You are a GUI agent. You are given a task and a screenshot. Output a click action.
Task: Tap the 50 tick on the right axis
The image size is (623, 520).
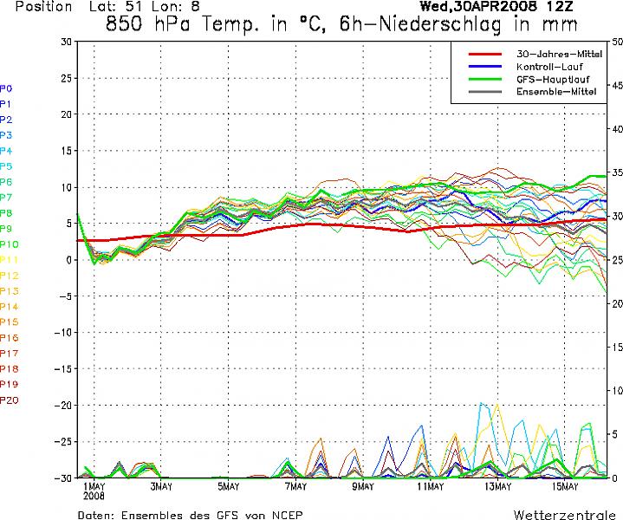(x=615, y=42)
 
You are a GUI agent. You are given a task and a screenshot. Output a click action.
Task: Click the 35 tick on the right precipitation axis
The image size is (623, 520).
(x=615, y=172)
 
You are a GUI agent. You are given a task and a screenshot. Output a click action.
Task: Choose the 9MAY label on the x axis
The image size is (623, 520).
(x=362, y=487)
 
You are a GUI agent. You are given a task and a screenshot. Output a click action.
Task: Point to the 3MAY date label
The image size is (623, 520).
(x=160, y=487)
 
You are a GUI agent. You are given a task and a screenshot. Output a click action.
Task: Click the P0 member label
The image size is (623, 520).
(x=6, y=88)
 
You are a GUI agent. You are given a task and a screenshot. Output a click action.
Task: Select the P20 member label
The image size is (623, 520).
(x=10, y=400)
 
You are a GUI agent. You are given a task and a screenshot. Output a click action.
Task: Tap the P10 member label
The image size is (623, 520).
(x=10, y=244)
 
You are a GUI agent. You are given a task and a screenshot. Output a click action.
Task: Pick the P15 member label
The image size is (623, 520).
(x=10, y=322)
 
